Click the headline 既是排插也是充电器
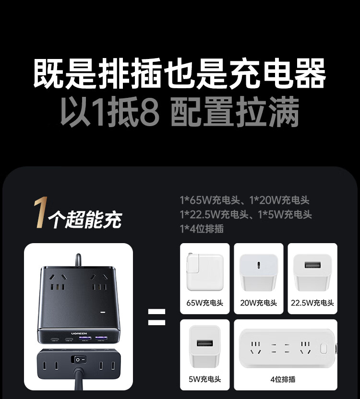click(x=180, y=73)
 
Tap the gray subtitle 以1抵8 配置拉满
click(x=180, y=111)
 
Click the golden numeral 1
click(x=41, y=212)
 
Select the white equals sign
click(x=156, y=317)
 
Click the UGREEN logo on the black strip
click(x=79, y=333)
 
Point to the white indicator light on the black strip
click(x=103, y=312)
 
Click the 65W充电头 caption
click(x=205, y=303)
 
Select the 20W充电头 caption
click(x=259, y=303)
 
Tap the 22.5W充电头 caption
click(x=312, y=303)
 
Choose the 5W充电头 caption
click(x=205, y=379)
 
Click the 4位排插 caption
click(x=283, y=379)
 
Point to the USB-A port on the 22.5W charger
click(x=312, y=265)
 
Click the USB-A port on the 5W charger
click(x=204, y=343)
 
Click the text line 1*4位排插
click(x=202, y=229)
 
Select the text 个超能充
click(x=85, y=219)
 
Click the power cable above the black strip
click(x=78, y=260)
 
